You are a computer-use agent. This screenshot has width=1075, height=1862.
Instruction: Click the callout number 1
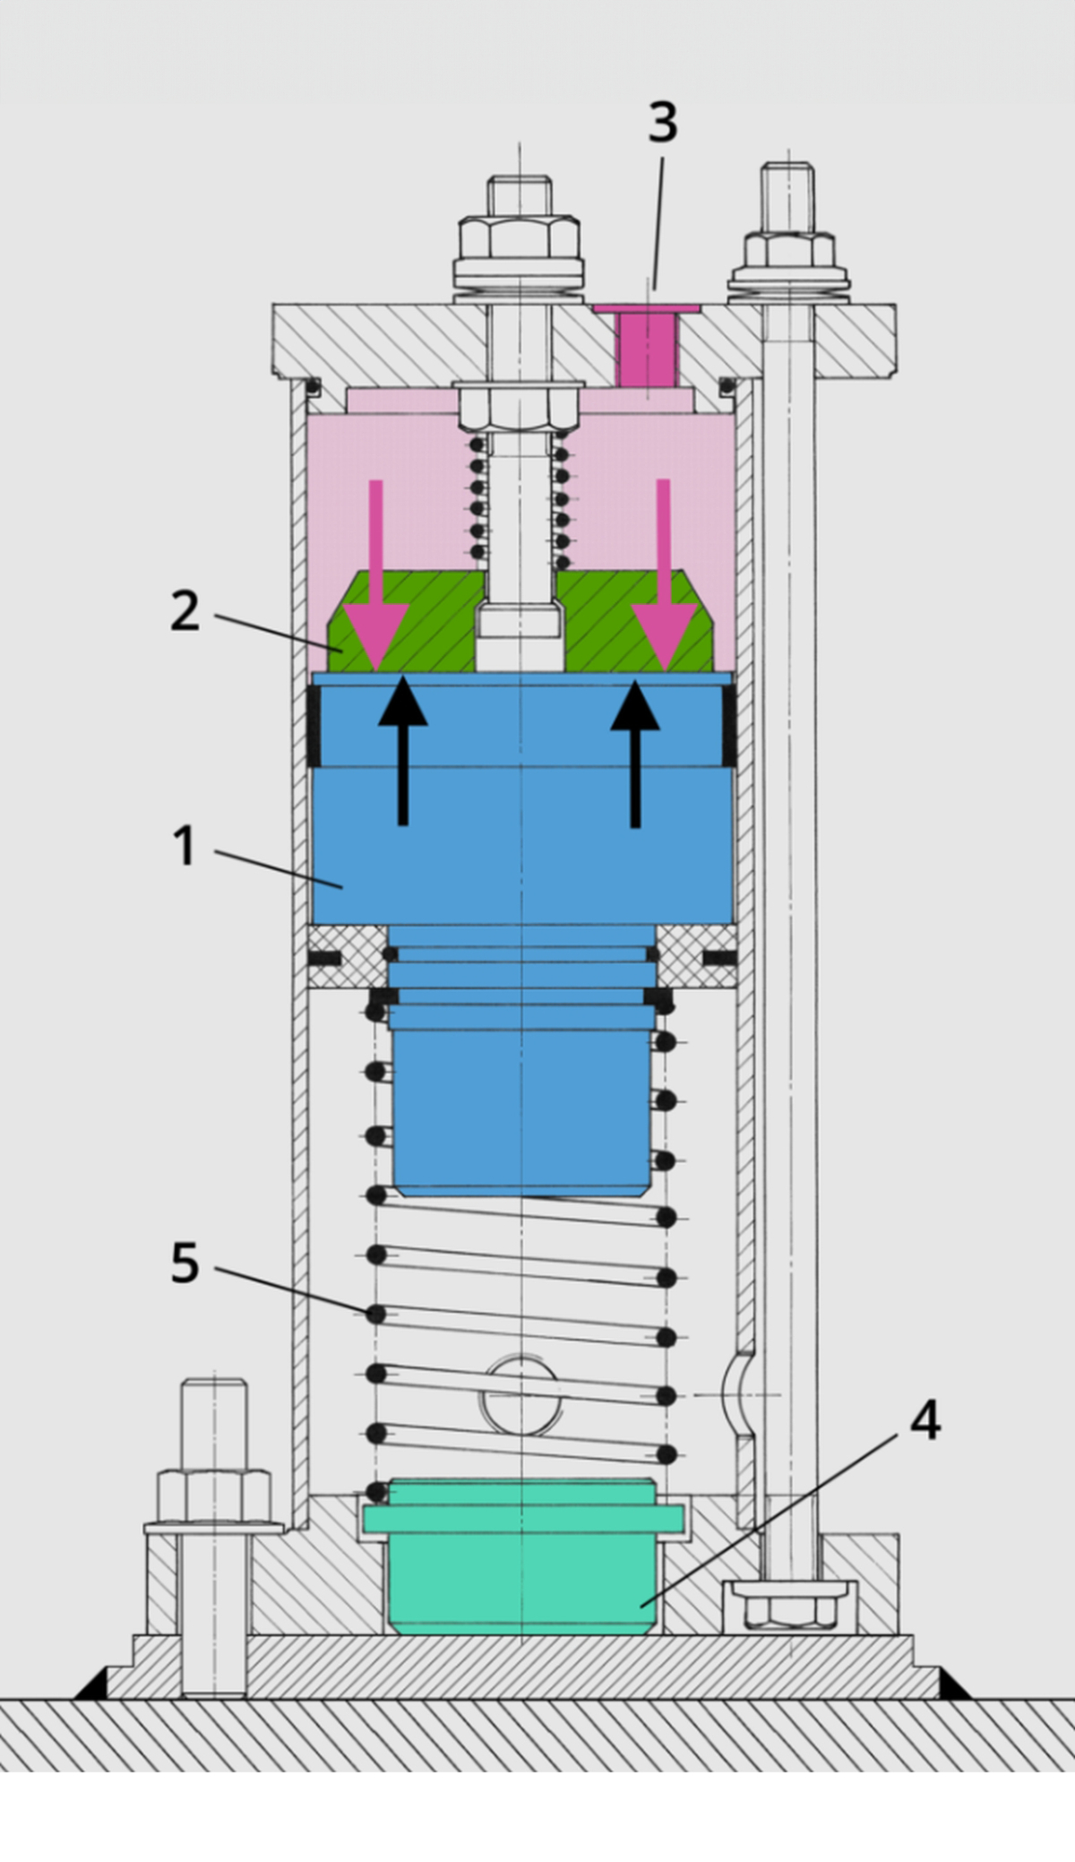tap(184, 845)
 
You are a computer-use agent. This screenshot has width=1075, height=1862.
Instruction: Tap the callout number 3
tap(662, 122)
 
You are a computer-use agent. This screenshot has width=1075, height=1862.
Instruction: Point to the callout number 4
tap(924, 1420)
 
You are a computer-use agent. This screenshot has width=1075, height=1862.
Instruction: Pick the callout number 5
tap(185, 1263)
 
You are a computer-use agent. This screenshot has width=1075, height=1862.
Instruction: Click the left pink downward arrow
tap(376, 582)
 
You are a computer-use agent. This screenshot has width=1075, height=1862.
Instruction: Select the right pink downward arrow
tap(664, 582)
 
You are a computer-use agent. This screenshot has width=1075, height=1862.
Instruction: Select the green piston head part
tap(421, 627)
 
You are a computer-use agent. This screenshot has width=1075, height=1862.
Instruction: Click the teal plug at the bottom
tap(524, 1559)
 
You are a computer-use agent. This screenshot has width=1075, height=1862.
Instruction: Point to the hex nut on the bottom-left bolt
tap(214, 1496)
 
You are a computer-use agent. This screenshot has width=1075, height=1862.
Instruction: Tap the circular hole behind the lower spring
tap(523, 1394)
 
